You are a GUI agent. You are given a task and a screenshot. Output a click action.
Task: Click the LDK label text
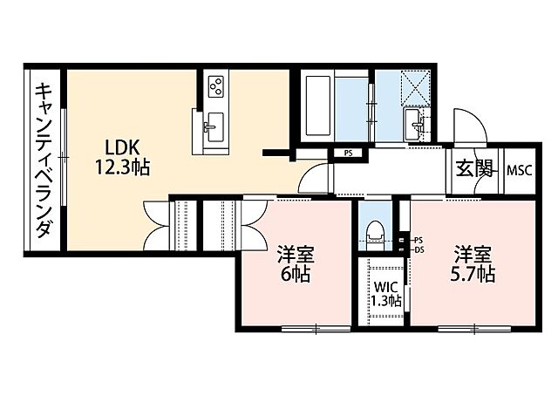122,147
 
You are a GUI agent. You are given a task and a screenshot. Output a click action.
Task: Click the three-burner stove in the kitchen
216,87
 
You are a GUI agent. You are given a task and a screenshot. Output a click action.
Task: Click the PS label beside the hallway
348,153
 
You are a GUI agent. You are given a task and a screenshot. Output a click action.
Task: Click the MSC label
520,169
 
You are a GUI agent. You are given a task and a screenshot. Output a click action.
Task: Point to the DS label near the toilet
418,249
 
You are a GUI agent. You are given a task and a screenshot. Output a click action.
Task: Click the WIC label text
386,287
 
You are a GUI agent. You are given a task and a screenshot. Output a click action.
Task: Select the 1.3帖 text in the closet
386,301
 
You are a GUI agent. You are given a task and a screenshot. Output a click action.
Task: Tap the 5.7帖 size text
473,275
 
